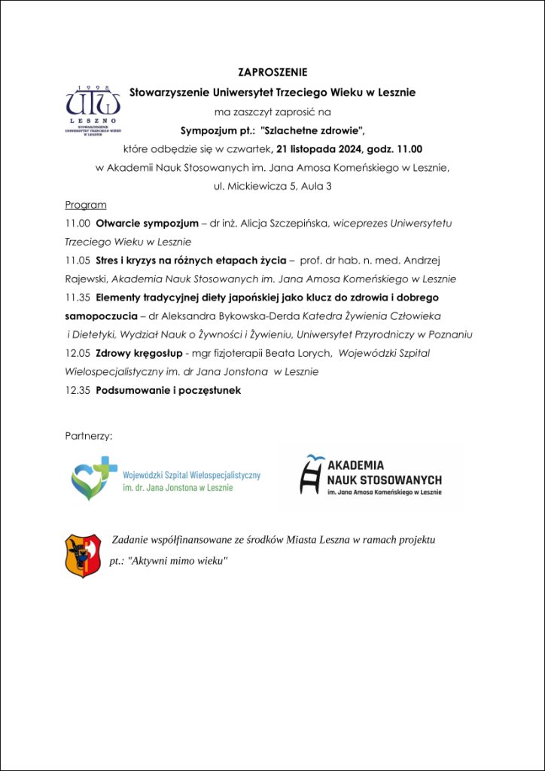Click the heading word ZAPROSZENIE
click(x=272, y=73)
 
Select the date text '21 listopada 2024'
click(x=323, y=148)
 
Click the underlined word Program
click(x=86, y=205)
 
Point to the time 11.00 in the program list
click(x=78, y=224)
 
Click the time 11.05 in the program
click(x=78, y=261)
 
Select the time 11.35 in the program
click(x=78, y=297)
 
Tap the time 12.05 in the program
click(x=78, y=353)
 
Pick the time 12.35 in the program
click(x=78, y=390)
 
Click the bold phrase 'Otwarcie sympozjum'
click(x=147, y=224)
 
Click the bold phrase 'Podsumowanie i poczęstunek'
click(x=169, y=390)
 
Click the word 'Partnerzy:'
click(x=89, y=435)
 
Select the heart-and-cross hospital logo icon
click(x=94, y=478)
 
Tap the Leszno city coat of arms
click(x=83, y=556)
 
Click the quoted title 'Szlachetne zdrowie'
click(x=312, y=130)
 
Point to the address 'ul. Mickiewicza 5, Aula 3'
click(x=272, y=186)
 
